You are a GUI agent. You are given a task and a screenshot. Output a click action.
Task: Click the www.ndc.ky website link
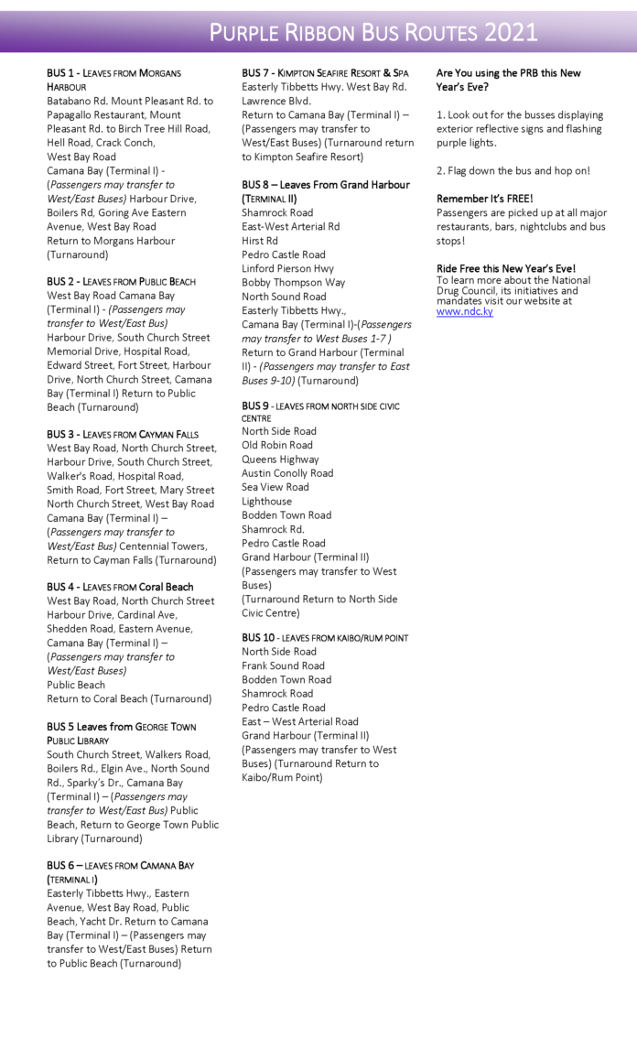click(x=464, y=312)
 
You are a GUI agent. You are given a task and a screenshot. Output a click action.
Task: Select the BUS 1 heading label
click(x=66, y=73)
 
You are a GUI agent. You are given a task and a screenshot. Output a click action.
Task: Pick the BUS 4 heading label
click(x=66, y=587)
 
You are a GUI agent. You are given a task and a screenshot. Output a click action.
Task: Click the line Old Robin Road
click(x=276, y=445)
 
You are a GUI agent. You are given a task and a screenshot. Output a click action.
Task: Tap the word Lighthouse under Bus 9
click(x=266, y=501)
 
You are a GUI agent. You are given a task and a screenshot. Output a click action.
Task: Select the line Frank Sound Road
click(x=283, y=665)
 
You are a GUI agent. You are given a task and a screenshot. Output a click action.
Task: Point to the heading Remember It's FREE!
click(x=484, y=199)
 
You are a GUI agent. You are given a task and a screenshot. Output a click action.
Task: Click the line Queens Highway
click(x=280, y=459)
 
